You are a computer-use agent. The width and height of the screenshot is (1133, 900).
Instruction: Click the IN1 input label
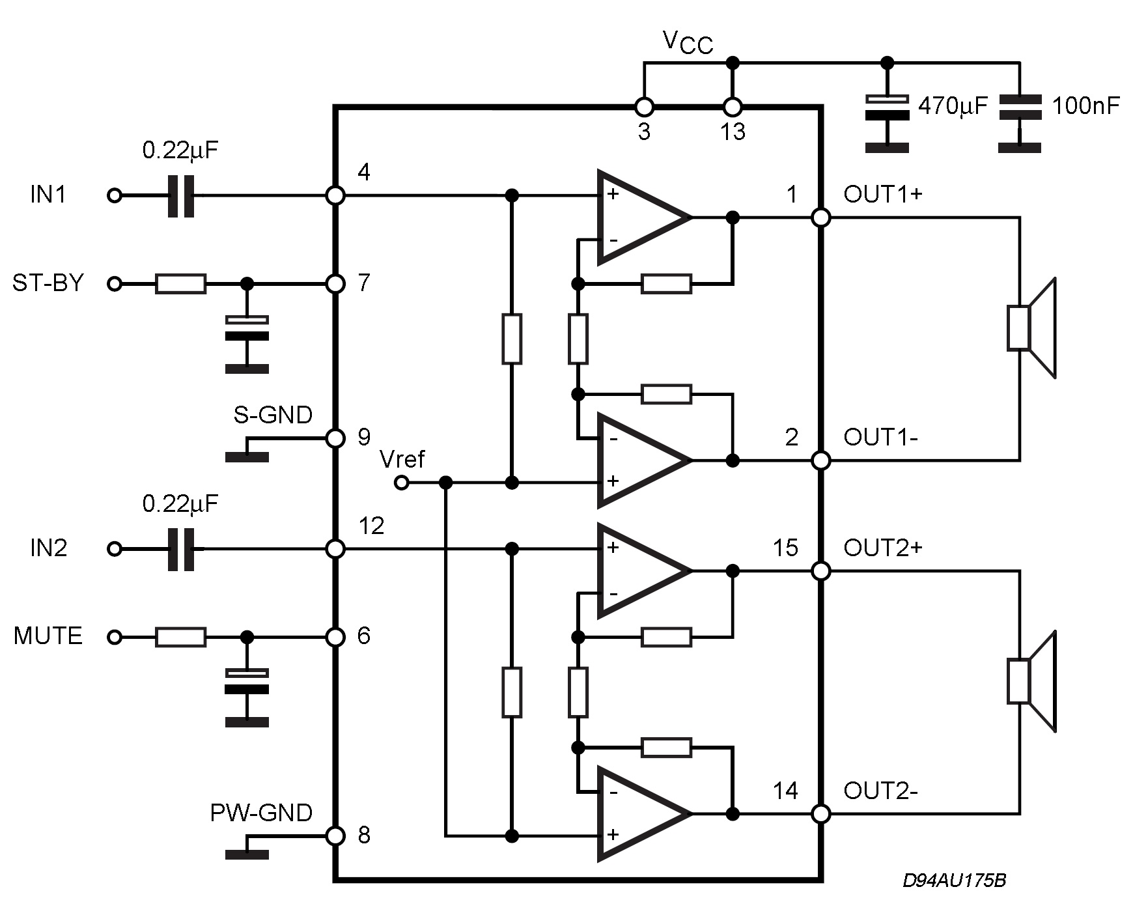(48, 195)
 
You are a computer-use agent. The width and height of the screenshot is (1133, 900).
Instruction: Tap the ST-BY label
(48, 283)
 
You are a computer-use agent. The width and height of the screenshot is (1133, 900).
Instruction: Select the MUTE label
(48, 636)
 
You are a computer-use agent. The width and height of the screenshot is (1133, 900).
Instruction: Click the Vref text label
(402, 460)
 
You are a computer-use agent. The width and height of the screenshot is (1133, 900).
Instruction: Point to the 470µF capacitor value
(953, 105)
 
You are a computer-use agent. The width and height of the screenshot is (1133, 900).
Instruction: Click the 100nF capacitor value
(1085, 105)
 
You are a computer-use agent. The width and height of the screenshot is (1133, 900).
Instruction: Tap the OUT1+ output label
(883, 194)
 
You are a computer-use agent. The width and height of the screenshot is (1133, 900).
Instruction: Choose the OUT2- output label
(880, 791)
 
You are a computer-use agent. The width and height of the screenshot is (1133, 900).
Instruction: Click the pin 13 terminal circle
(733, 107)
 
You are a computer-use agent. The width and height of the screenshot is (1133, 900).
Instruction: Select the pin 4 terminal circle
(335, 195)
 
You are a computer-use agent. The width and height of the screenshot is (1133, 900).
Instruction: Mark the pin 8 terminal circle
(335, 836)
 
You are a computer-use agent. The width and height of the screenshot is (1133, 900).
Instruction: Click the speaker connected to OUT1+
(1031, 328)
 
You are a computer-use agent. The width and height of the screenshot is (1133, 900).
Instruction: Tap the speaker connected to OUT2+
(1031, 681)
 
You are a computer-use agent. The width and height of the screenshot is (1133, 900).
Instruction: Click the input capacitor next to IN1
(181, 195)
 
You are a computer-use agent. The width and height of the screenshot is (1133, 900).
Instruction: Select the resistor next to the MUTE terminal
(181, 637)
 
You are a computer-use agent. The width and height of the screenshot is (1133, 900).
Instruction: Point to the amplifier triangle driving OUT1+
(643, 218)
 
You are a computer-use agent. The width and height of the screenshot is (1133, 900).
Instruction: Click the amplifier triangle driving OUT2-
(643, 813)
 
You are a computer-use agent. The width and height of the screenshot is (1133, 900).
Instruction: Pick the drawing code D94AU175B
(954, 880)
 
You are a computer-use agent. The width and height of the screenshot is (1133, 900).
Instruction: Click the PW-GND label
(261, 813)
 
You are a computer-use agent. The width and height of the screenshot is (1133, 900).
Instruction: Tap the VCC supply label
(688, 43)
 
